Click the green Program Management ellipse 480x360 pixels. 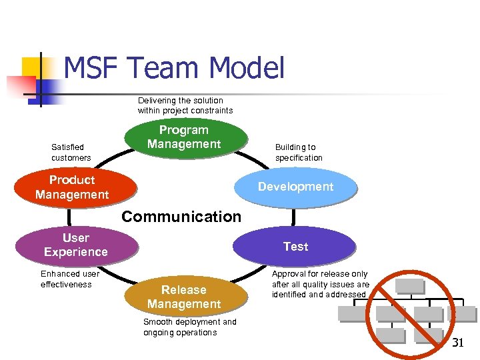(184, 137)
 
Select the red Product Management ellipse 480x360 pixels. (72, 187)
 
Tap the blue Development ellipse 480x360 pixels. (295, 187)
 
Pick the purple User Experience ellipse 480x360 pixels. (75, 245)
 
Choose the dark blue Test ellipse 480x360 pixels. (295, 247)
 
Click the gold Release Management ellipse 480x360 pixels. (184, 297)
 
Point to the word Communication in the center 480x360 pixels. (181, 217)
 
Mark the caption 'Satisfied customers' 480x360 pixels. (71, 153)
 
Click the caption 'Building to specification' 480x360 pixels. (299, 153)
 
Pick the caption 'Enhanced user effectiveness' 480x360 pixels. (69, 279)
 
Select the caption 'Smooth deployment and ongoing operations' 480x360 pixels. (189, 327)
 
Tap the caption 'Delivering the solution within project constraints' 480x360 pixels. (185, 105)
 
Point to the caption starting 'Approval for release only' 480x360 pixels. (320, 284)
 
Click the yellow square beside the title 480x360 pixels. (33, 67)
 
